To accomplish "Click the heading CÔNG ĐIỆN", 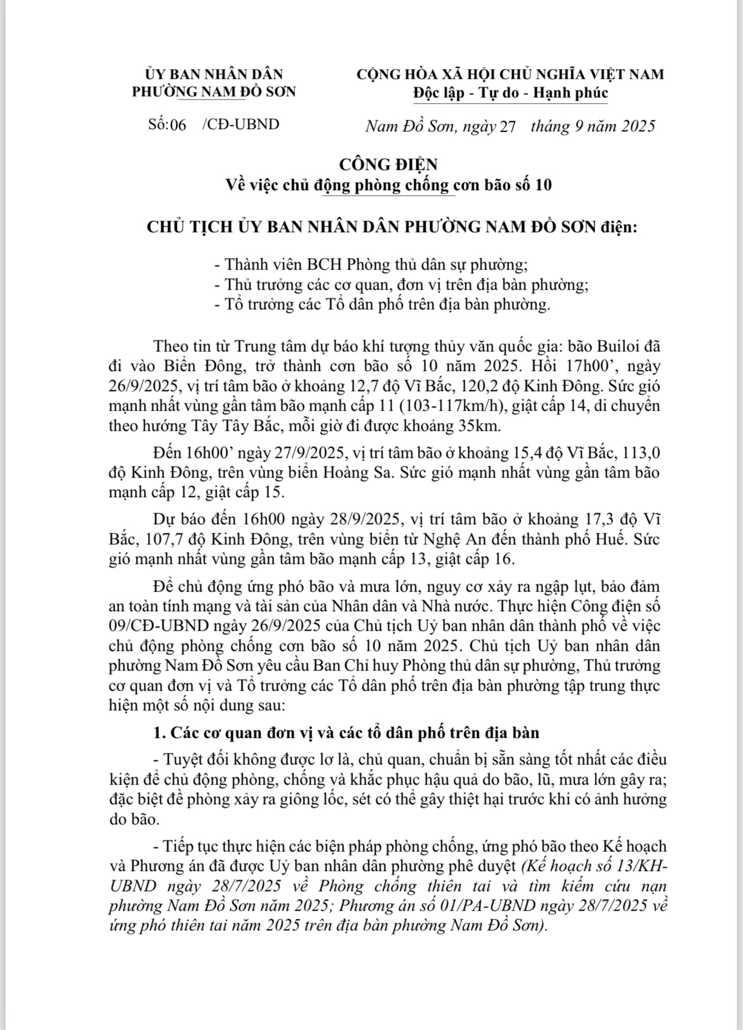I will [388, 164].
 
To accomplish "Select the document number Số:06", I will [167, 124].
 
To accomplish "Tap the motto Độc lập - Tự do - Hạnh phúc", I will [510, 93].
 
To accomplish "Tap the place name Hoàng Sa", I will [336, 473].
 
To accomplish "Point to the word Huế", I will [612, 540].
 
